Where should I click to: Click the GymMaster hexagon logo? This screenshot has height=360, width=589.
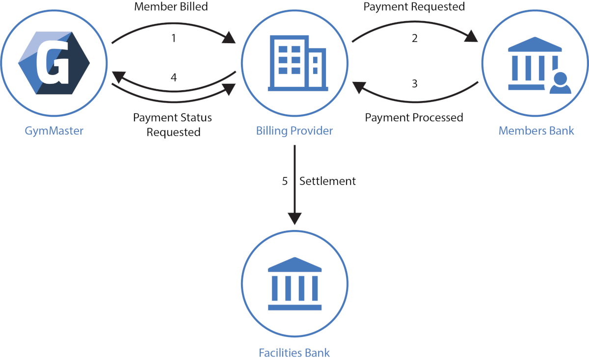click(54, 63)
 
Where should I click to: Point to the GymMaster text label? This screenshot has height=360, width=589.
click(54, 131)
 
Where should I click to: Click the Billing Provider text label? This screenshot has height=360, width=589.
click(294, 131)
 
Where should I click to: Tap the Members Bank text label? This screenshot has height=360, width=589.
click(536, 131)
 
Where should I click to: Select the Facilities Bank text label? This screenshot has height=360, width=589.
click(294, 353)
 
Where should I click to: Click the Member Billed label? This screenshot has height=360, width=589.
click(171, 7)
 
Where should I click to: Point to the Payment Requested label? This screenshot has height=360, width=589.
click(414, 7)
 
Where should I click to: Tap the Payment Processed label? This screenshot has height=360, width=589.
click(414, 118)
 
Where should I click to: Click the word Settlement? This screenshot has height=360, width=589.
click(327, 181)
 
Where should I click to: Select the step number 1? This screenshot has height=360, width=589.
click(174, 38)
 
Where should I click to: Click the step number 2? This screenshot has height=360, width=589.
click(415, 38)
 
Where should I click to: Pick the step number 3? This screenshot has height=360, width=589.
click(415, 83)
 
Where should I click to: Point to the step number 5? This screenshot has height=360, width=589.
click(285, 181)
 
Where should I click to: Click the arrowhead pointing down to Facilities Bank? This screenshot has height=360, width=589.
click(294, 218)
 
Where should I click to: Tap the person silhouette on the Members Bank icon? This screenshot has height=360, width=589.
click(560, 83)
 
